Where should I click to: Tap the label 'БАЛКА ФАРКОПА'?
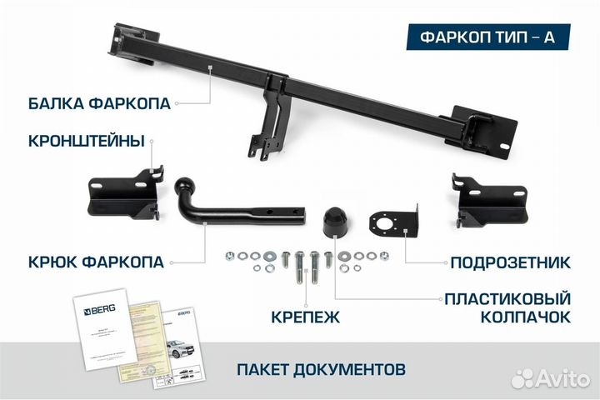[x=99, y=103]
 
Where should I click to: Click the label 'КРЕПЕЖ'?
[x=306, y=316]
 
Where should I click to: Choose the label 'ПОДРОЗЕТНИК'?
[x=510, y=263]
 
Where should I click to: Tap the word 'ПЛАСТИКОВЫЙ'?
[x=507, y=297]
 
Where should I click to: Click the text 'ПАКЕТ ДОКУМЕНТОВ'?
[x=322, y=367]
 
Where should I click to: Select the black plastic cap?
[x=336, y=222]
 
